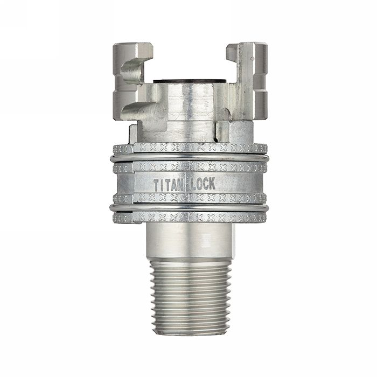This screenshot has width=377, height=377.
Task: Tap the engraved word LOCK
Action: pos(203,183)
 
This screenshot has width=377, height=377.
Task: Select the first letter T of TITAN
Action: pos(157,185)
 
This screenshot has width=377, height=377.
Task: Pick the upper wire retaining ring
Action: pos(188,158)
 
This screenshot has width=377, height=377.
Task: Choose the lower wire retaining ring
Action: pos(188,207)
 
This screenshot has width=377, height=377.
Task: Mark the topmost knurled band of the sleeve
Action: pos(188,148)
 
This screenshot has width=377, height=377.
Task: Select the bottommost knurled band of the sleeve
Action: pos(188,218)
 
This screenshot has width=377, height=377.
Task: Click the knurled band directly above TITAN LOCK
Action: pos(188,167)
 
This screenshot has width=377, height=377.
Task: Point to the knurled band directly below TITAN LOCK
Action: pos(188,198)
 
